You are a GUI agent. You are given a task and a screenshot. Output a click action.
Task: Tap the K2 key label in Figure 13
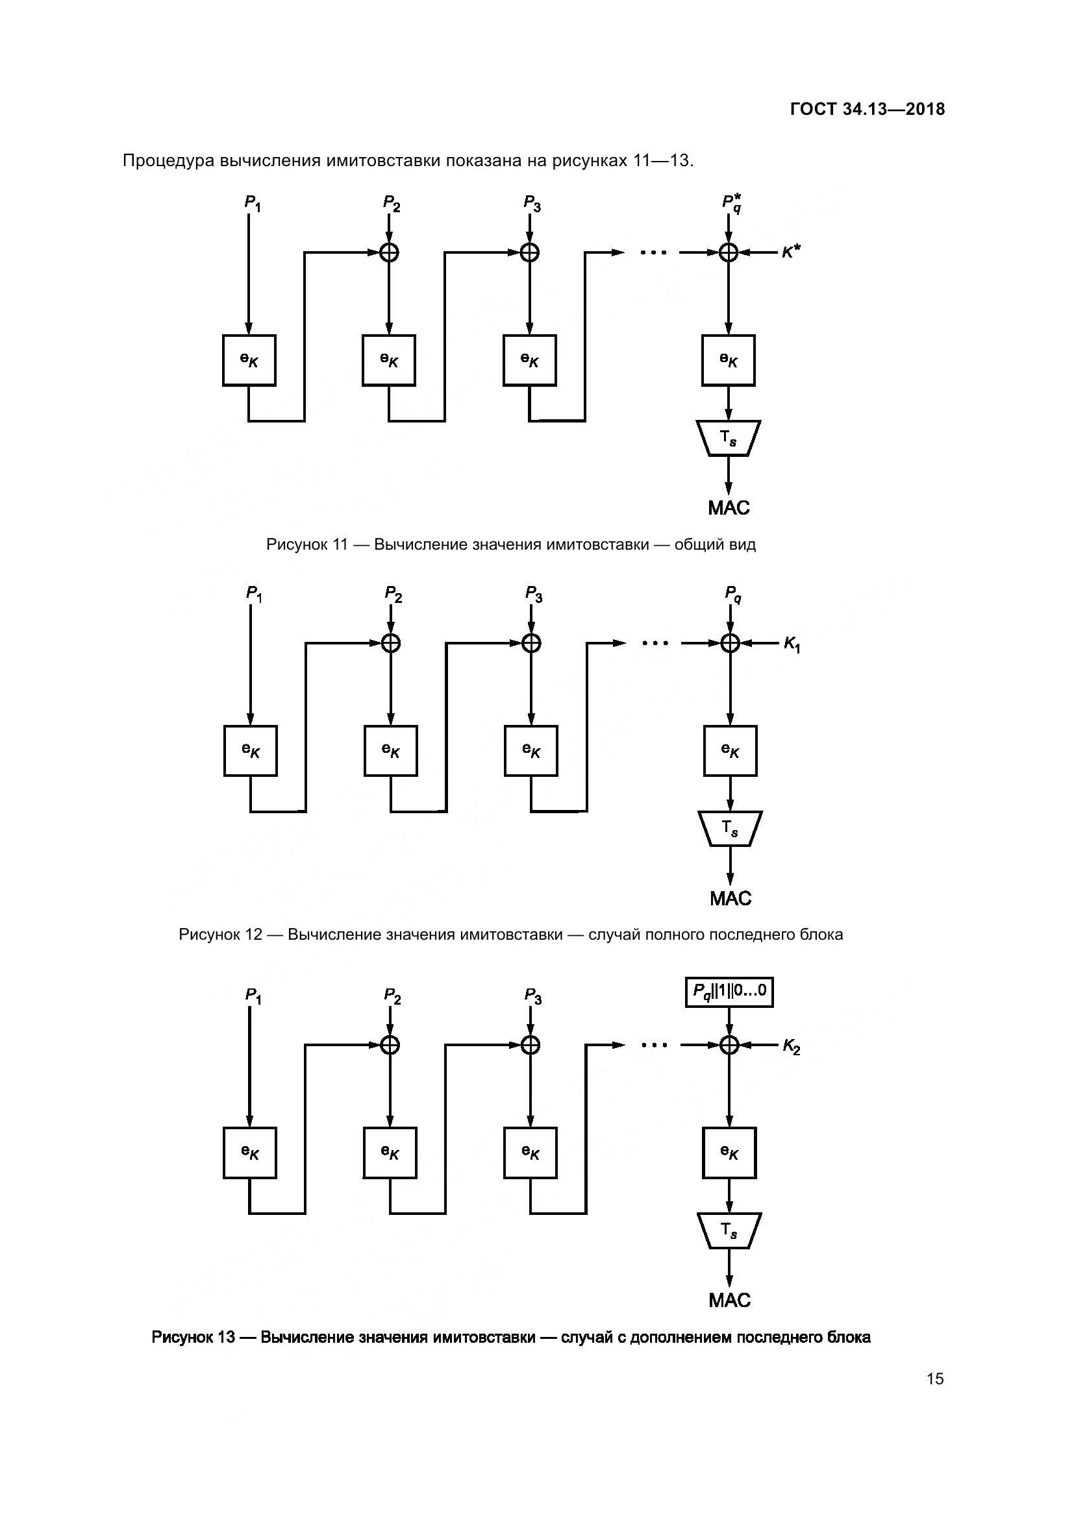pos(791,1046)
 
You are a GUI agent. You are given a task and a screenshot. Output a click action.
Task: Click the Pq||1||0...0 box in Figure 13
pos(729,992)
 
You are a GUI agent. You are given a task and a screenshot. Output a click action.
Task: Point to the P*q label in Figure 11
pos(731,203)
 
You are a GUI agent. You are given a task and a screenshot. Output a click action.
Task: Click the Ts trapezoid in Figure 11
pos(728,437)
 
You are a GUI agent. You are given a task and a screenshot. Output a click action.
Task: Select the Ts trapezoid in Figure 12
pos(730,828)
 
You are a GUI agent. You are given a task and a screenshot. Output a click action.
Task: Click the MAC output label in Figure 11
pos(729,508)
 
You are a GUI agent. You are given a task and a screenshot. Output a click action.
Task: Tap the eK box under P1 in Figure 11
pos(249,360)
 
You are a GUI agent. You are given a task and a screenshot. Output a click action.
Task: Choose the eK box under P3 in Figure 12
pos(531,750)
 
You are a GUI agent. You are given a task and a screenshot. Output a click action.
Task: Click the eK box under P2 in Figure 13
pos(390,1153)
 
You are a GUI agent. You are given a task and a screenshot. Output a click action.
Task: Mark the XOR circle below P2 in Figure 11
pos(389,252)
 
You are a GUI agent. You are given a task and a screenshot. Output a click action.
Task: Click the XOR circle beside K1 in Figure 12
pos(730,643)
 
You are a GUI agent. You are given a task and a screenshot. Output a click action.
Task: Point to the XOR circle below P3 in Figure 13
pos(531,1045)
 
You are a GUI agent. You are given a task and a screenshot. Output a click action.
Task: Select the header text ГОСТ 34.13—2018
pos(867,109)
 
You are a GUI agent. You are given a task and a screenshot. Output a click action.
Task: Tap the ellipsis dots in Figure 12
pos(655,643)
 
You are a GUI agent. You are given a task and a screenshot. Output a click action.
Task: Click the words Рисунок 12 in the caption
pos(220,934)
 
